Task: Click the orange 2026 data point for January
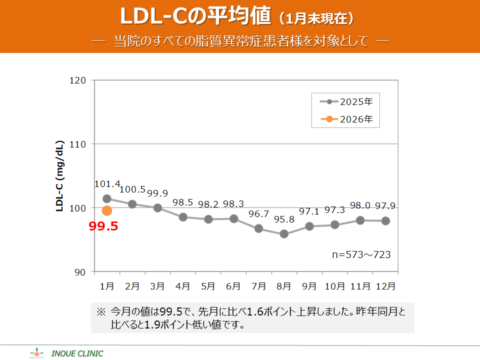pos(107,210)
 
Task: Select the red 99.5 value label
pos(103,226)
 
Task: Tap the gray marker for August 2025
pos(284,233)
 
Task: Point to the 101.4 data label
pos(107,184)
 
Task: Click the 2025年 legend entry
pos(350,102)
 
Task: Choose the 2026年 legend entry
pos(350,119)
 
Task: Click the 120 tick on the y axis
pos(80,80)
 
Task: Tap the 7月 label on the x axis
pos(259,286)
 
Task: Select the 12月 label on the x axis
pos(385,286)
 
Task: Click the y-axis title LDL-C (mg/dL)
pos(59,176)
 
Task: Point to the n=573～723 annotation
pos(361,254)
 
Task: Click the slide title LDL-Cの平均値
pos(196,17)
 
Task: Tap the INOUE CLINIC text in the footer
pos(77,353)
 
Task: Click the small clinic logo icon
pos(37,353)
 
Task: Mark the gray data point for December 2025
pos(385,220)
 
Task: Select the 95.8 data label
pos(284,220)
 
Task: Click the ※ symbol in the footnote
pos(101,311)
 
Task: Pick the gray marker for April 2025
pos(183,217)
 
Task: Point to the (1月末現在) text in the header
pos(317,19)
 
